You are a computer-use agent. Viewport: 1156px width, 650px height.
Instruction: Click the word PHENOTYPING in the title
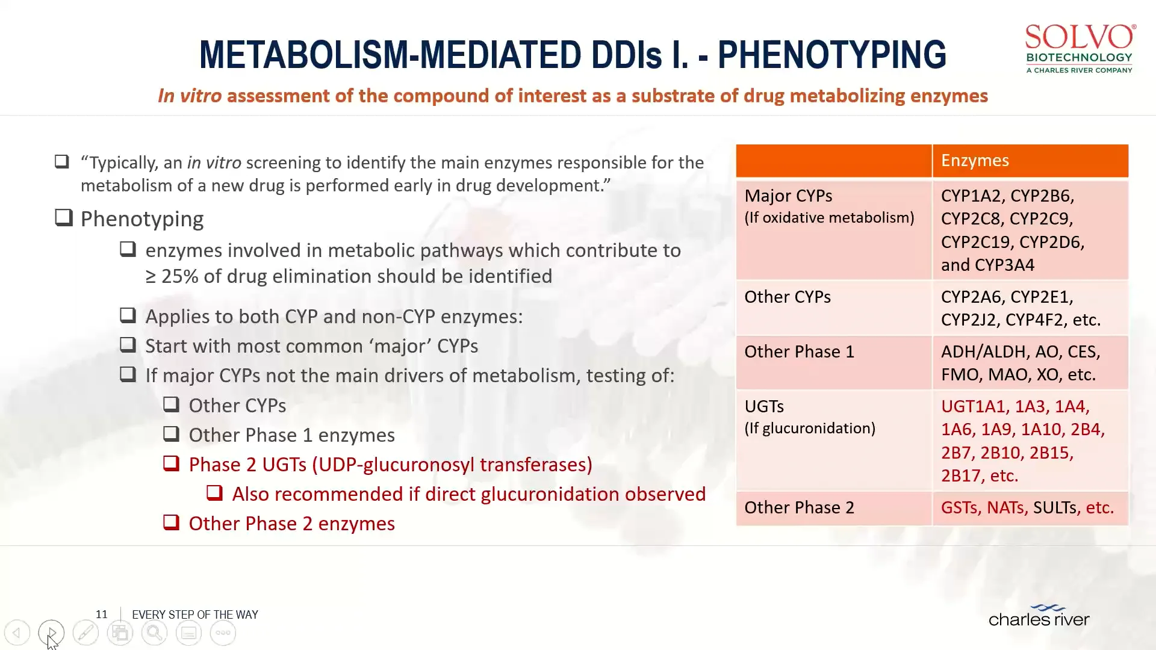(x=831, y=55)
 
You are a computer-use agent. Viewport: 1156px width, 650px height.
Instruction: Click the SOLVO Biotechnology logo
(x=1080, y=48)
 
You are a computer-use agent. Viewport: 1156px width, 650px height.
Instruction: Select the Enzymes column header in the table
(x=975, y=161)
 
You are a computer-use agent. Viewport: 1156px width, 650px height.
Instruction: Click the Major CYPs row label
(x=788, y=196)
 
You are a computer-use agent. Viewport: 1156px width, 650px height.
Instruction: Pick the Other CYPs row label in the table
(x=787, y=297)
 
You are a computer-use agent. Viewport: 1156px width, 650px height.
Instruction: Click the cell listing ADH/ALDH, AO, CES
(x=1021, y=363)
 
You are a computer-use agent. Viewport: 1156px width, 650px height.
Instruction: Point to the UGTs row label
(x=764, y=407)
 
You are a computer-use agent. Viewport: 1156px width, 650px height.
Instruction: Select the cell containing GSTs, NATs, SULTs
(x=1027, y=508)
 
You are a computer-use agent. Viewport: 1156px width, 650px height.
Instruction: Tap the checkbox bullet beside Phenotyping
(x=64, y=218)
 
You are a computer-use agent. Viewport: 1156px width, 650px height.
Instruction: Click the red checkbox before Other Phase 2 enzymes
(x=172, y=522)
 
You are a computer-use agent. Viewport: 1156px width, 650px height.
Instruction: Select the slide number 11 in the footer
(x=101, y=614)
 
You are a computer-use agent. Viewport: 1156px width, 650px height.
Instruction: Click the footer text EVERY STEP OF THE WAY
(x=195, y=615)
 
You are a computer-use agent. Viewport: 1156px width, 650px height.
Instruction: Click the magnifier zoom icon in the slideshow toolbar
(x=154, y=633)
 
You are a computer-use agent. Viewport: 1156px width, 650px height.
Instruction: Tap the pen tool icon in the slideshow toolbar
(x=85, y=633)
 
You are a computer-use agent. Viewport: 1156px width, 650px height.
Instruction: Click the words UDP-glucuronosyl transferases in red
(x=452, y=465)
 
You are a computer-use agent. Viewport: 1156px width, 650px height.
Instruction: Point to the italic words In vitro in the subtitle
(x=190, y=96)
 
